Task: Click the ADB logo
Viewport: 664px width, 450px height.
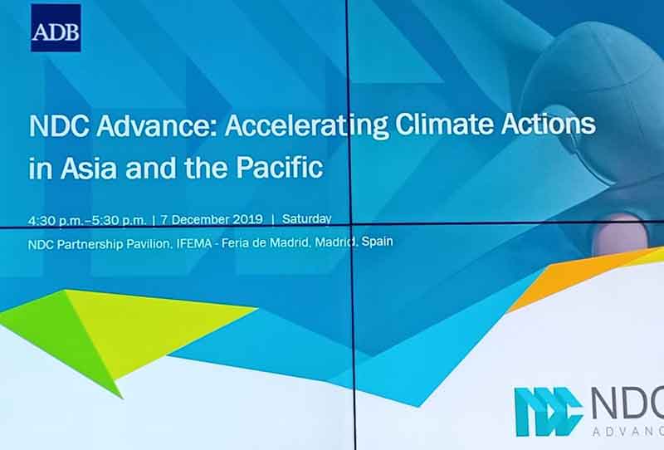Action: pos(56,28)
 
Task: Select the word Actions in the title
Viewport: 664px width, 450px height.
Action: pos(549,124)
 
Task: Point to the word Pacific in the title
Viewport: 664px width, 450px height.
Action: pos(280,167)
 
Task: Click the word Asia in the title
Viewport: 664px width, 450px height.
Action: pos(89,167)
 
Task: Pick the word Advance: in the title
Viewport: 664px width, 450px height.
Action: pos(156,125)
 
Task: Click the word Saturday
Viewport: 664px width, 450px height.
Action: pos(306,219)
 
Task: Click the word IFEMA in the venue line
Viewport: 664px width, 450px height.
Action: pos(193,244)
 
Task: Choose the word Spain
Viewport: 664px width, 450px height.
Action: pos(377,242)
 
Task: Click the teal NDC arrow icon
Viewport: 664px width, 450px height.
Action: pos(549,412)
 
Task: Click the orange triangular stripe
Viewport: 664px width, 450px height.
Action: pos(584,276)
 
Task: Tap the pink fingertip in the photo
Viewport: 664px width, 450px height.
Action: pos(620,234)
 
